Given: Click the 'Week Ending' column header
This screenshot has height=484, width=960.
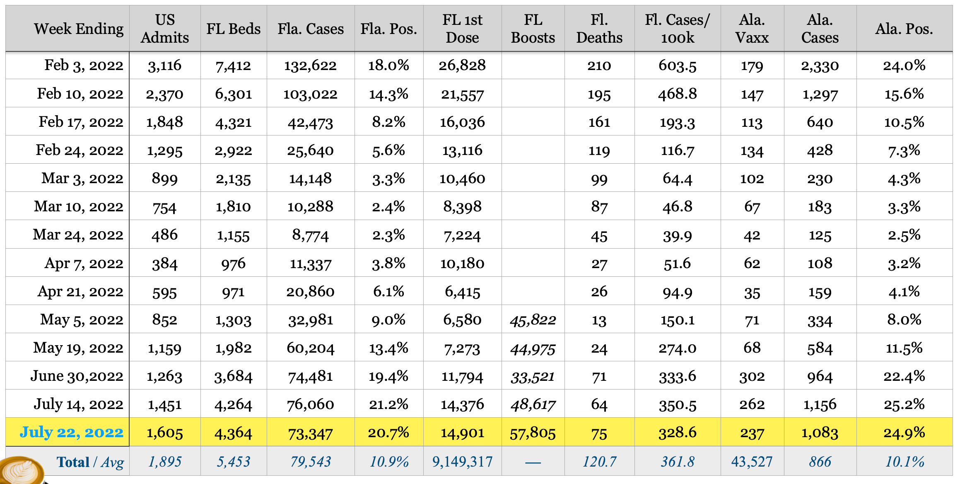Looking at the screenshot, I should point(79,29).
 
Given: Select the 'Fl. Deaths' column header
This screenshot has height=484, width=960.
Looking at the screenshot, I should point(599,29).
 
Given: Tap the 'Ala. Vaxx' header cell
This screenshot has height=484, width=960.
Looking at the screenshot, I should point(752,29).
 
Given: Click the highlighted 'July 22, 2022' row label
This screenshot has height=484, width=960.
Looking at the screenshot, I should point(72,432).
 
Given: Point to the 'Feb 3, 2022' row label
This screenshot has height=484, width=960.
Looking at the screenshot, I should point(84,65).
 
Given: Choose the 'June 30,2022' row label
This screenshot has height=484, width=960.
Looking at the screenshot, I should point(77,376).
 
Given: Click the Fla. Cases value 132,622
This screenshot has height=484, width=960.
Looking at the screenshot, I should point(310,65).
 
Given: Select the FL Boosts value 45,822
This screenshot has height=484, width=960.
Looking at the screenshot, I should point(533,320).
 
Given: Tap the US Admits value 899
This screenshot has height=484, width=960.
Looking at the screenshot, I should point(164,179).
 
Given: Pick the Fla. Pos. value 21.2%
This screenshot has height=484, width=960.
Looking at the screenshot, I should point(388,404).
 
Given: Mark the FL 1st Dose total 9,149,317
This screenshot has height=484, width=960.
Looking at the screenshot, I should point(462,462).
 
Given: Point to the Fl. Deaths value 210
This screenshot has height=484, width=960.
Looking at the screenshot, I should point(599,65).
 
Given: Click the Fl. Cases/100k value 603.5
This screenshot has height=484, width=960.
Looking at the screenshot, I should point(677,65).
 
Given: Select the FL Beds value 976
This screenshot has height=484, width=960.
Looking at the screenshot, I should point(233,264).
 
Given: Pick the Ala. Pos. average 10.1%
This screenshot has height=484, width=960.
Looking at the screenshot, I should point(905,462).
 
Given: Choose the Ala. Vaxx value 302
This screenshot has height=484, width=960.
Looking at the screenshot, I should point(752,376).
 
